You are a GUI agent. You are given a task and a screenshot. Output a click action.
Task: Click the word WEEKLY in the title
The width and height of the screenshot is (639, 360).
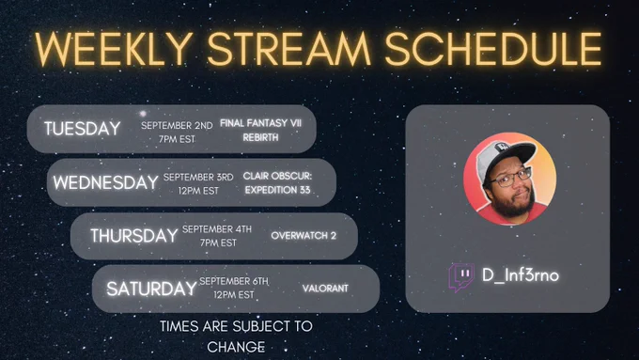[x=114, y=49]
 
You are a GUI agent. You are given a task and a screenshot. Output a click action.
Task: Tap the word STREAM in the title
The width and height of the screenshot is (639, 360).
[x=288, y=49]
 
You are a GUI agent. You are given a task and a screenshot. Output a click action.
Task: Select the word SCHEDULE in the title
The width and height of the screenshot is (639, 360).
[x=493, y=49]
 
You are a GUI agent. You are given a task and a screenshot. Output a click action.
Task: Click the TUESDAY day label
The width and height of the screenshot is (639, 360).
[x=83, y=129]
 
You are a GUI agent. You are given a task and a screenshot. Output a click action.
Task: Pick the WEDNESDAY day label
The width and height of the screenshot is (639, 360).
[x=105, y=182]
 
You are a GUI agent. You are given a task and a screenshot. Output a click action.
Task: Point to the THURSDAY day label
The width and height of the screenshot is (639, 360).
[x=134, y=236]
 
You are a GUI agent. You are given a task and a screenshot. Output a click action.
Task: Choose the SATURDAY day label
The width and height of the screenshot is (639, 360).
[x=151, y=289]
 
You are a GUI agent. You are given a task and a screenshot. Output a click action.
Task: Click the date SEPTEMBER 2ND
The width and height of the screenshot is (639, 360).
[x=177, y=126]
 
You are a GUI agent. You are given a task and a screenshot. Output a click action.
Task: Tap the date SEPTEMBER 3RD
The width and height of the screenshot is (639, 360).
[x=198, y=178]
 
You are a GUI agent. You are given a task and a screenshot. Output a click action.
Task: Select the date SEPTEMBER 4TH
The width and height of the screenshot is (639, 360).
[x=217, y=229]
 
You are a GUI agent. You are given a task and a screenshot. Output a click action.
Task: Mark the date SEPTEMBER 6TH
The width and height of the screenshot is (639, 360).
[x=234, y=281]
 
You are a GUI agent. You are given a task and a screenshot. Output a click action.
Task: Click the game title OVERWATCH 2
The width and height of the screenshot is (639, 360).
[x=304, y=236]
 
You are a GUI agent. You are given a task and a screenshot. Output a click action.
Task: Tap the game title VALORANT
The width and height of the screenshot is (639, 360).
[x=325, y=289]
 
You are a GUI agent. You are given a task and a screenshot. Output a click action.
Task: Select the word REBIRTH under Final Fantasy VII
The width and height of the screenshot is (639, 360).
[x=261, y=137]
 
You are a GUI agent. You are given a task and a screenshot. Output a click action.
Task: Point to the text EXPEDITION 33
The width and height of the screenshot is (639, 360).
[x=277, y=190]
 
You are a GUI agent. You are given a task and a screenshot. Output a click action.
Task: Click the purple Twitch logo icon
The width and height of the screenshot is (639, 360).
[x=461, y=277]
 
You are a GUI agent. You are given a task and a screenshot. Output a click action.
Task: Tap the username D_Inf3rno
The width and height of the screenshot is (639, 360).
[x=521, y=275]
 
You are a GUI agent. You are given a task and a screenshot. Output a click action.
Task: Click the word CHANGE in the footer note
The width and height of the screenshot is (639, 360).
[x=236, y=347]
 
